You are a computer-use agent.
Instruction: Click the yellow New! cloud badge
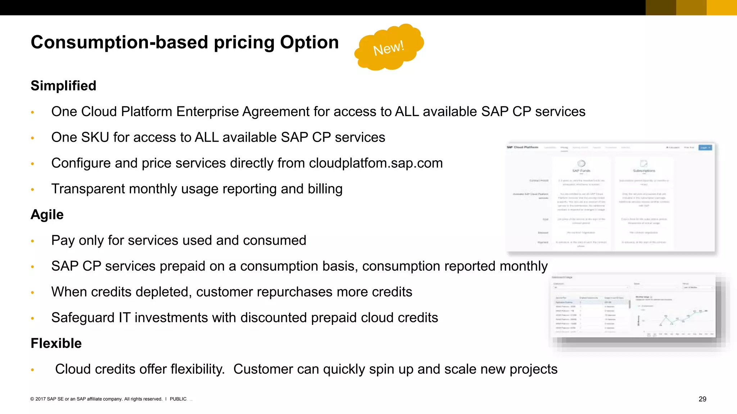(x=389, y=47)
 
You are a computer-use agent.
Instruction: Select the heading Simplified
(x=63, y=86)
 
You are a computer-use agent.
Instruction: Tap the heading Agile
(x=47, y=215)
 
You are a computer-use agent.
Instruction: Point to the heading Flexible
(x=56, y=343)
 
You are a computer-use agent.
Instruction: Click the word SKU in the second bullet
(x=95, y=137)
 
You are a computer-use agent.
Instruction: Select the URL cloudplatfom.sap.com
(x=376, y=163)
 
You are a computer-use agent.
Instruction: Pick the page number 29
(x=702, y=399)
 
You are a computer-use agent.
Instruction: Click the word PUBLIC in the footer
(x=178, y=399)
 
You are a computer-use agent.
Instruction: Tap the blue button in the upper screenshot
(x=705, y=148)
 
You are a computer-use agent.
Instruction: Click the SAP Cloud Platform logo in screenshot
(x=523, y=147)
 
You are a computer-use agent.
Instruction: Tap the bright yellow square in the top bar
(x=722, y=8)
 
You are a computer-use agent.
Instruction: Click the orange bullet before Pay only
(x=32, y=241)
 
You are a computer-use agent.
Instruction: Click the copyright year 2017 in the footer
(x=40, y=399)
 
